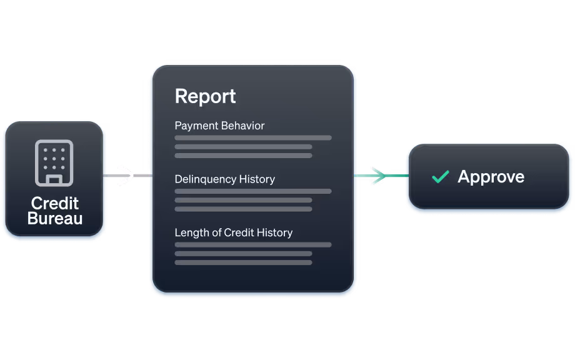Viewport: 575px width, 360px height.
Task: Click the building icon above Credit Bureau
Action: [54, 162]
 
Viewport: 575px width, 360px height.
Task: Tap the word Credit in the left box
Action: [55, 203]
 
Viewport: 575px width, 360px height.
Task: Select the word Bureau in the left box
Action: [55, 219]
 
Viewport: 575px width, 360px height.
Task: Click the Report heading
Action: [205, 96]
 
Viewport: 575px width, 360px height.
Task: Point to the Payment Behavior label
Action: [219, 126]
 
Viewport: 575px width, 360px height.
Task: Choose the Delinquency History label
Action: [224, 179]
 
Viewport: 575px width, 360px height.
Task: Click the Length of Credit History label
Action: [233, 232]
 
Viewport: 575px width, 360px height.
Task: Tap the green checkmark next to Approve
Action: [441, 177]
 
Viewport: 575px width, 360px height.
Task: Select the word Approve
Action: [491, 177]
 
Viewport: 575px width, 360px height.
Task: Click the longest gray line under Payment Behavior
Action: [252, 137]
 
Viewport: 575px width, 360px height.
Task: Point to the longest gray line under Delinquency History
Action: [252, 191]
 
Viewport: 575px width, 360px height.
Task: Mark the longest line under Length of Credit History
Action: [252, 244]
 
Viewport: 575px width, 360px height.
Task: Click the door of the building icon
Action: [54, 180]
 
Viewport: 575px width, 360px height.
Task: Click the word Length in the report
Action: [189, 232]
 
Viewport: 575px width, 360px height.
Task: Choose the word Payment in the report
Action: [196, 126]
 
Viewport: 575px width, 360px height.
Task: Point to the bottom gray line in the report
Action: [243, 262]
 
